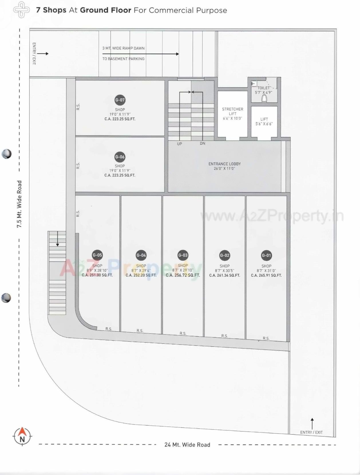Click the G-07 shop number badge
120,100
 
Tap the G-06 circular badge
120,157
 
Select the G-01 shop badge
266,255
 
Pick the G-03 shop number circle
183,255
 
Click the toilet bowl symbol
264,98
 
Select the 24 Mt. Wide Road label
187,445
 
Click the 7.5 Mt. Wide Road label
19,204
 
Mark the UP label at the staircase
179,144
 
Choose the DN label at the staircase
203,143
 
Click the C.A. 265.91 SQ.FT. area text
266,275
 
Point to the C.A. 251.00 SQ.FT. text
97,275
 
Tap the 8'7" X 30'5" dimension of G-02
225,271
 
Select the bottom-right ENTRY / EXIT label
311,432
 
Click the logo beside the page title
21,10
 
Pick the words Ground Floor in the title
105,10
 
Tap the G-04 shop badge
141,255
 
